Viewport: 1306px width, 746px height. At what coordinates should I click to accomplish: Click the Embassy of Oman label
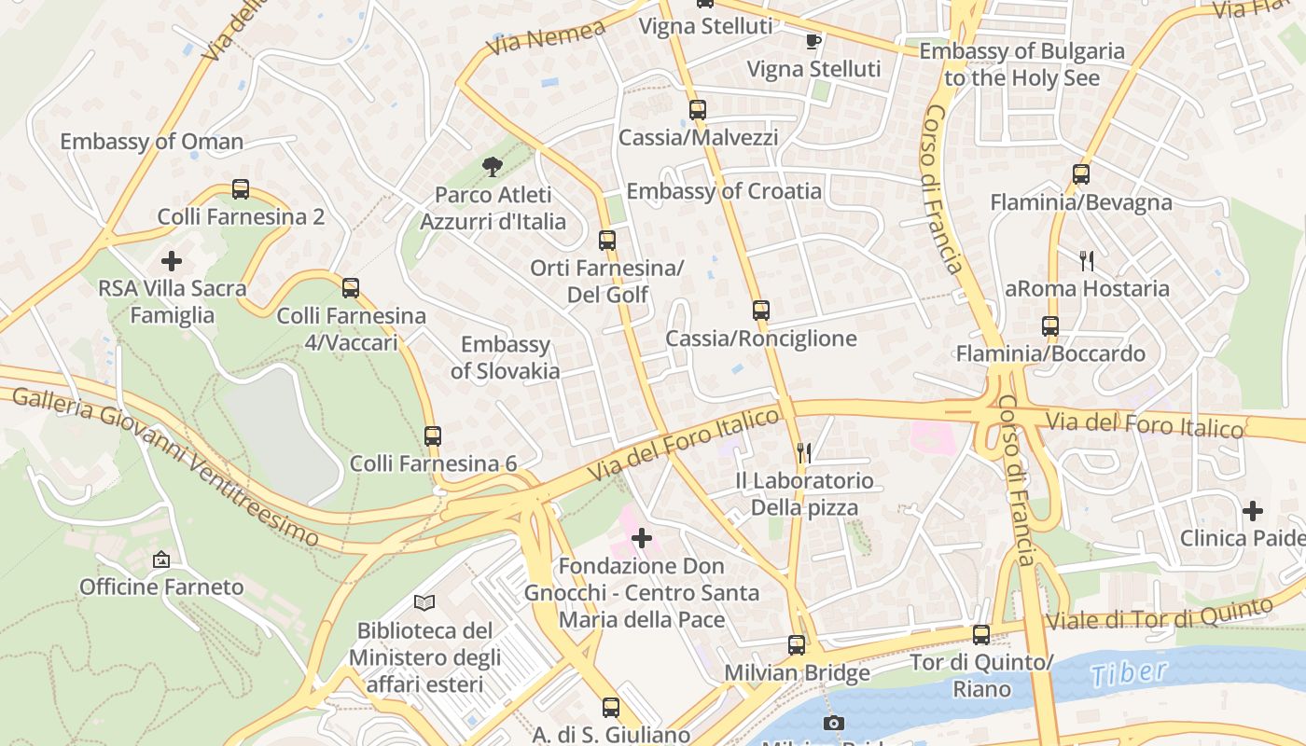(151, 142)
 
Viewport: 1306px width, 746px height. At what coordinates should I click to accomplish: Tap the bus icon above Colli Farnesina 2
(241, 189)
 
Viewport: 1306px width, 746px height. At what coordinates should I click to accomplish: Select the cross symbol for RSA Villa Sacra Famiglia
(172, 260)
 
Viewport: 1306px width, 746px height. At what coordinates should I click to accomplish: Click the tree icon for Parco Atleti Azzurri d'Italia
(492, 167)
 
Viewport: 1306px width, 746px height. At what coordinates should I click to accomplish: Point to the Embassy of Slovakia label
(506, 358)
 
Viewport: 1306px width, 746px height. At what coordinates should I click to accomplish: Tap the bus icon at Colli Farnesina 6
(432, 435)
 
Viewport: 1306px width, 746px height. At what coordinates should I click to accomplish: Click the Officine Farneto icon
(161, 559)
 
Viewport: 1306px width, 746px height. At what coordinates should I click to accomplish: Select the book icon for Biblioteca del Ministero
(424, 602)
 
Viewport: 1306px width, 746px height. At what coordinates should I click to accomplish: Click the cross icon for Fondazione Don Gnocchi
(642, 538)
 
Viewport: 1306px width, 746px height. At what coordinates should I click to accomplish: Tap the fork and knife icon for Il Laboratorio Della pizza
(804, 453)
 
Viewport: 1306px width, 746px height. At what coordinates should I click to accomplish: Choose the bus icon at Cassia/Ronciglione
(761, 311)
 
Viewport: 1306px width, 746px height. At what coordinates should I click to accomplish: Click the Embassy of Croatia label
(724, 192)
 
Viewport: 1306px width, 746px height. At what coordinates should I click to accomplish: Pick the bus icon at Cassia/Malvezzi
(698, 110)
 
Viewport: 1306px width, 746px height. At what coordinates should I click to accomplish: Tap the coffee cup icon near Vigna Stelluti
(813, 40)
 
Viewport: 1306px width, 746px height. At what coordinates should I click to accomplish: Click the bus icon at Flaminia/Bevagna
(1081, 174)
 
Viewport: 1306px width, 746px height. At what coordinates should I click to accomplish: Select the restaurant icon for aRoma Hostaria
(1087, 261)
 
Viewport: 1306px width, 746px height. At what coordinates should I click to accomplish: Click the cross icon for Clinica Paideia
(1253, 511)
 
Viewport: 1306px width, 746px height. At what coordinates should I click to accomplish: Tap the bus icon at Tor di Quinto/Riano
(981, 635)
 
